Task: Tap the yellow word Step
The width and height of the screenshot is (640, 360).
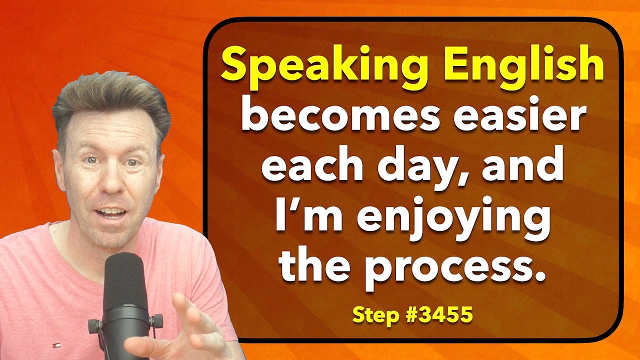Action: point(374,315)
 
